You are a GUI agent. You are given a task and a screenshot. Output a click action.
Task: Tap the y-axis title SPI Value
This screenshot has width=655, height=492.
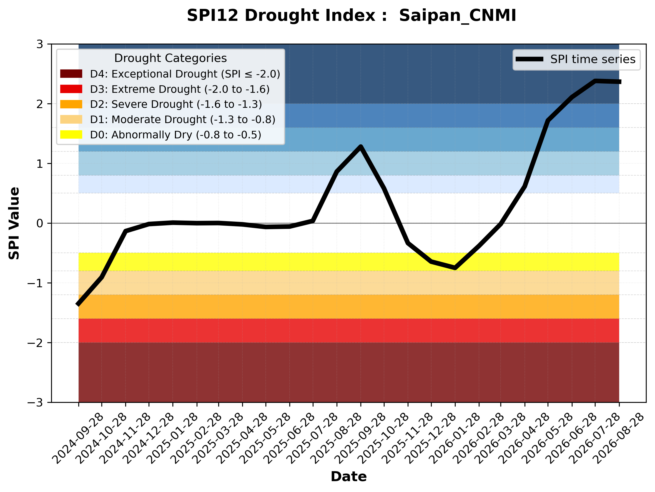tap(14, 223)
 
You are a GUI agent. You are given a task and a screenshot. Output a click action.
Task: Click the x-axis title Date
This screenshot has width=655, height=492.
tap(348, 477)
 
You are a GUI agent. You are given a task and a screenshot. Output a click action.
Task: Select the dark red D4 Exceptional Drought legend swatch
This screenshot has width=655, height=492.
tap(71, 74)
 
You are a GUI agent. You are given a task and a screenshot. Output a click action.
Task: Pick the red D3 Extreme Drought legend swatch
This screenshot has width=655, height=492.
tap(71, 89)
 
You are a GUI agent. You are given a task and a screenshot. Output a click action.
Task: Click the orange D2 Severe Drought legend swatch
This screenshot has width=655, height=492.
tap(71, 104)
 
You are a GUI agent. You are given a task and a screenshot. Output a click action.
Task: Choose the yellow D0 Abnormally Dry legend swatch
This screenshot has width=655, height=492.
tap(71, 134)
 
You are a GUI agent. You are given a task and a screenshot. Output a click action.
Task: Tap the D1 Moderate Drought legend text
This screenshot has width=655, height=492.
tap(183, 119)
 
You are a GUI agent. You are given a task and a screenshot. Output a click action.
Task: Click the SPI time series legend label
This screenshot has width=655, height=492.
tap(593, 59)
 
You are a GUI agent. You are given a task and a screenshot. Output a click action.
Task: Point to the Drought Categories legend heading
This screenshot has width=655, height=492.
tap(170, 58)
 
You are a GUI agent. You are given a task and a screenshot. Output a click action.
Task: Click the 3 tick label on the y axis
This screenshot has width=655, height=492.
tap(40, 44)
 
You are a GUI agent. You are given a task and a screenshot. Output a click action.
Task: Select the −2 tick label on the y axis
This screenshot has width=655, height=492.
tap(35, 343)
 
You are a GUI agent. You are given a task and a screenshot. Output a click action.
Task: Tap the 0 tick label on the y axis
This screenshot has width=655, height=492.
tap(40, 223)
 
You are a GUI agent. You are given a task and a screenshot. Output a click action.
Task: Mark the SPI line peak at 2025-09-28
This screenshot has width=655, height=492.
tap(361, 146)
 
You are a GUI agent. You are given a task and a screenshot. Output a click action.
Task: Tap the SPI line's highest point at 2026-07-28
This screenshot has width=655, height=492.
tap(595, 81)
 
